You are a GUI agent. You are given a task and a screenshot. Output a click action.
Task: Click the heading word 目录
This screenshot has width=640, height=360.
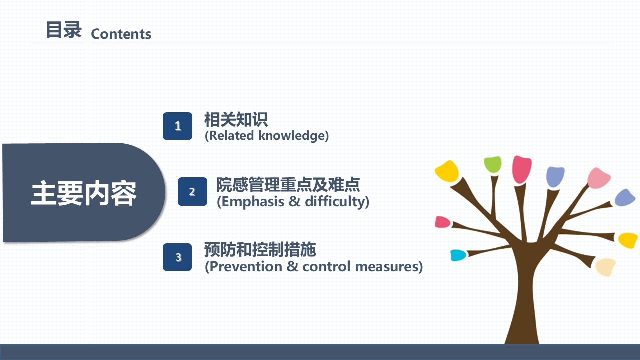(64, 30)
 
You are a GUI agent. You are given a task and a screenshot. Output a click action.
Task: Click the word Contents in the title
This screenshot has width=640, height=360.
(121, 34)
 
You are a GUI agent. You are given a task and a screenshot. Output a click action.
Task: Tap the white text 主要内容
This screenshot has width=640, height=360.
(83, 193)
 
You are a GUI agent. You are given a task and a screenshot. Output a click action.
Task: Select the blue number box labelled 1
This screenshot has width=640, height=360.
(177, 126)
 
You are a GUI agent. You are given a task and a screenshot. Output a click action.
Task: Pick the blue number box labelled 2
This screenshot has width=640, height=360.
(192, 191)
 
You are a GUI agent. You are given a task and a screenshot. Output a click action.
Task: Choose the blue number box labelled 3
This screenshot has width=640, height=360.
(177, 257)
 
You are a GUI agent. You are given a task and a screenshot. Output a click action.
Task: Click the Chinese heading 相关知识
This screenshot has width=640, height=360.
(236, 119)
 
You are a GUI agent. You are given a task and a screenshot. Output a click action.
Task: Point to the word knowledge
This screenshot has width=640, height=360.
(292, 136)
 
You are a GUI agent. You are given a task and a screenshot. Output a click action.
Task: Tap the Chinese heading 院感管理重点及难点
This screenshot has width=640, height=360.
(288, 185)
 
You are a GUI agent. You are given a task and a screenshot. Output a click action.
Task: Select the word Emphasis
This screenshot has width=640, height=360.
(253, 201)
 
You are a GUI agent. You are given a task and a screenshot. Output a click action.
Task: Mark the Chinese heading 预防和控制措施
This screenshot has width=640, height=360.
(260, 250)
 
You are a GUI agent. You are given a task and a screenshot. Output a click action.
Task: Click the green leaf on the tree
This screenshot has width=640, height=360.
(493, 164)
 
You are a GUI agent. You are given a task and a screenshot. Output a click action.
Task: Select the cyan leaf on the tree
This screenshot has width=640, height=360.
(458, 255)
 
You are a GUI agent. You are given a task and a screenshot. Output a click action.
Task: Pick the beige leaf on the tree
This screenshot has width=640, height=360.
(605, 267)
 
